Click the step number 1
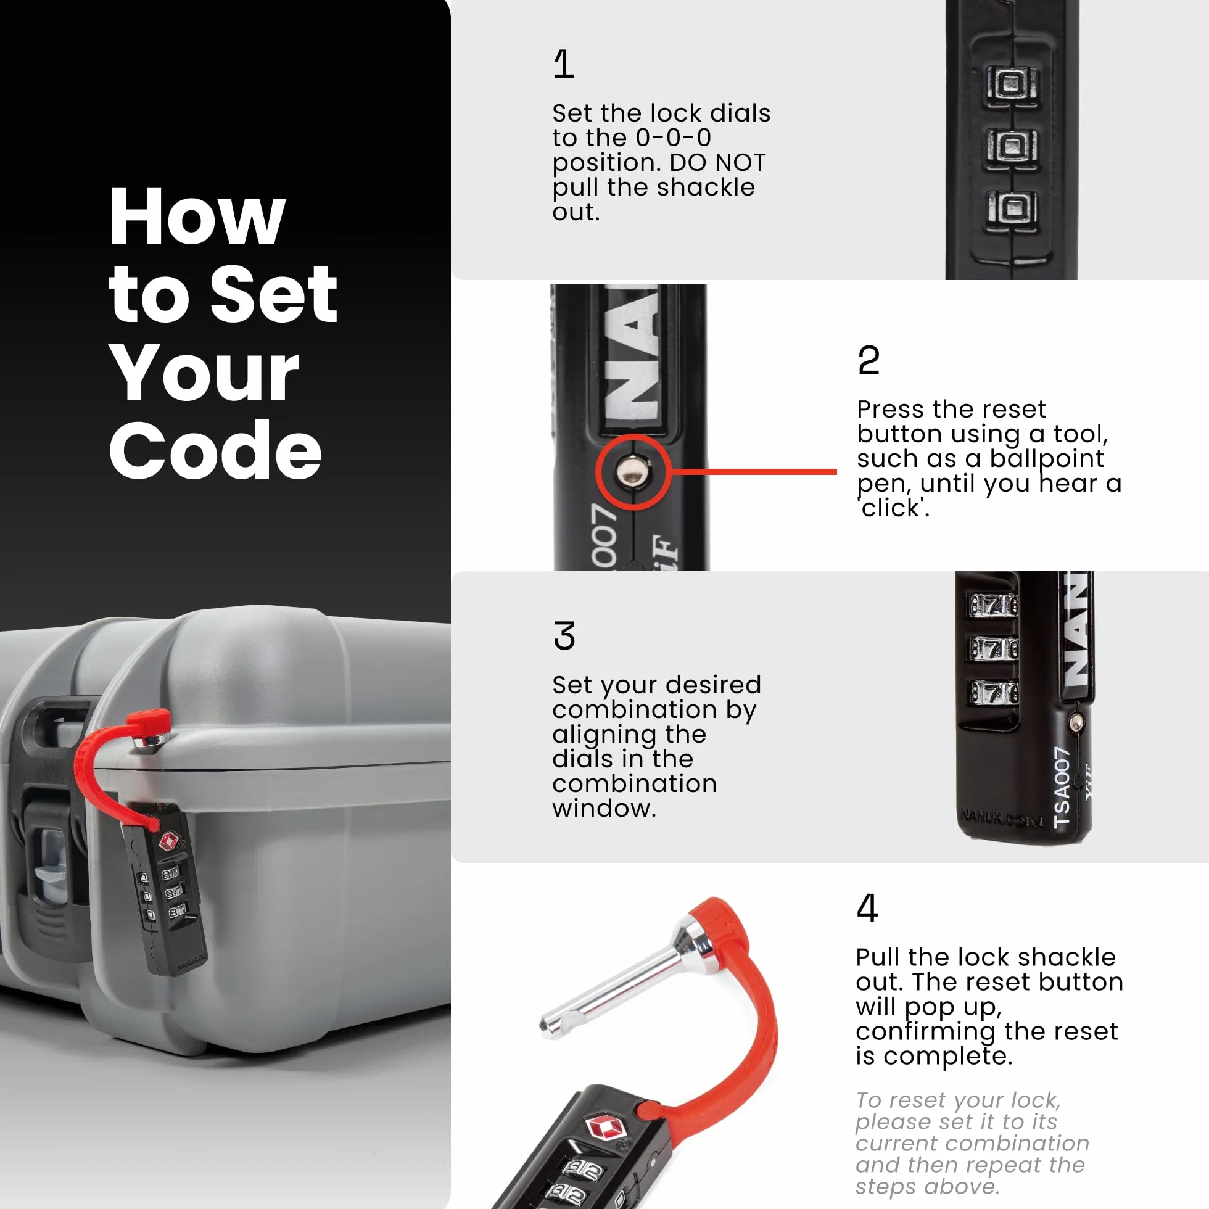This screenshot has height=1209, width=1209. pos(564,64)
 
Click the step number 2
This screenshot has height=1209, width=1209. pos(869,360)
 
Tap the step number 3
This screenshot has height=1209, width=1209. pos(564,636)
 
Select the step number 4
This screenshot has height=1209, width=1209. pos(867,907)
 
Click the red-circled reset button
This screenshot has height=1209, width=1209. pos(633,471)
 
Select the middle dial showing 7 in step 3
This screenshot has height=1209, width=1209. pos(994,648)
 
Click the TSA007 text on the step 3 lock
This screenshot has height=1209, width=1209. pos(1062,786)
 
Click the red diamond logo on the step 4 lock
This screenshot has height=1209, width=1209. pos(606,1128)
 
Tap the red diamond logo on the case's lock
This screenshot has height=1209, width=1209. pos(169,841)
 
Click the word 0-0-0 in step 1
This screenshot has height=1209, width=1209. pos(674,138)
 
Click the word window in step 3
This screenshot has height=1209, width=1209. pos(604,809)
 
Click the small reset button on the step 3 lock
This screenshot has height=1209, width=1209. pos(1076,724)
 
